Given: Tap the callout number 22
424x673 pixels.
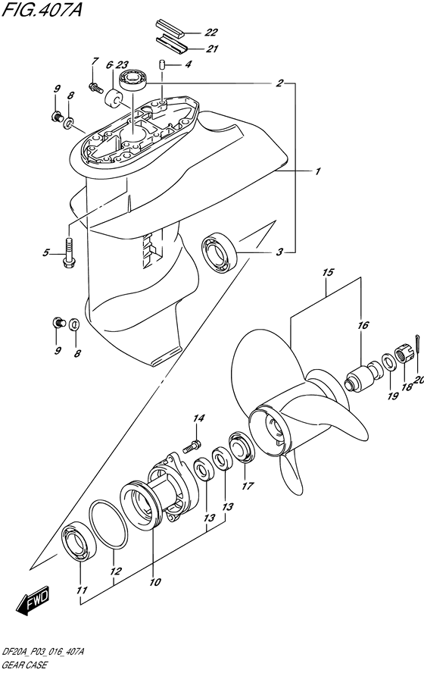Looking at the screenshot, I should point(210,33).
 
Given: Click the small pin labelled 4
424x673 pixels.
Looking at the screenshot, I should point(162,65).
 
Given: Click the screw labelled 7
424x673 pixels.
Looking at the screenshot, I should point(95,88).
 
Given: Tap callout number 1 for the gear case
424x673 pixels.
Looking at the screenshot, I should point(318,172).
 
